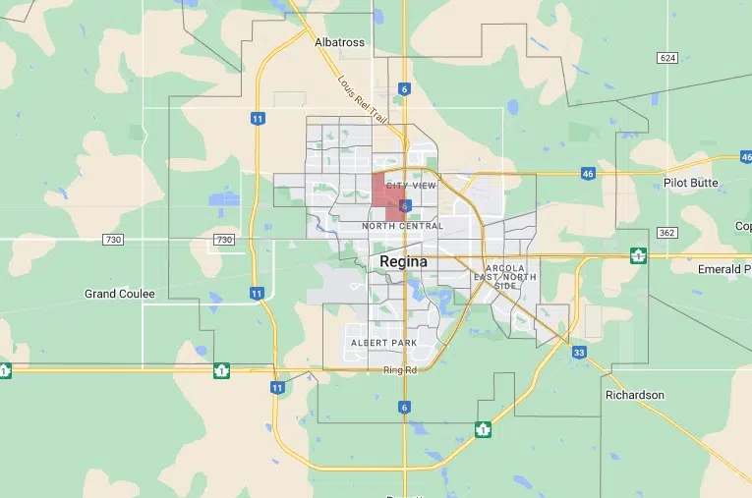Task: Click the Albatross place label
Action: (339, 42)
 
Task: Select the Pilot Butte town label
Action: (691, 183)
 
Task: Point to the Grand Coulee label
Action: (120, 294)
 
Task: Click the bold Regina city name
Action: (404, 262)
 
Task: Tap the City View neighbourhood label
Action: (411, 185)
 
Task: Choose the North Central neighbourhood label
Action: (403, 226)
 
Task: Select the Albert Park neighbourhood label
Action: (383, 343)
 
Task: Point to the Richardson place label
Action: (635, 395)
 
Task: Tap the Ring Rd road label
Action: (400, 370)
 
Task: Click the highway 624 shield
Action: (668, 58)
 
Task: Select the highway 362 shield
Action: (667, 233)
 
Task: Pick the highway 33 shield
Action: (579, 352)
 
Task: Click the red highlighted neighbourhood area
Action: (385, 191)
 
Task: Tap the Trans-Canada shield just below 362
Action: (639, 256)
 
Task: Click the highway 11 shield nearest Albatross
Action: (257, 118)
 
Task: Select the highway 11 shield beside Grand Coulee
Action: (257, 293)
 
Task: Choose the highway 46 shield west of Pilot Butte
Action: (588, 173)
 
